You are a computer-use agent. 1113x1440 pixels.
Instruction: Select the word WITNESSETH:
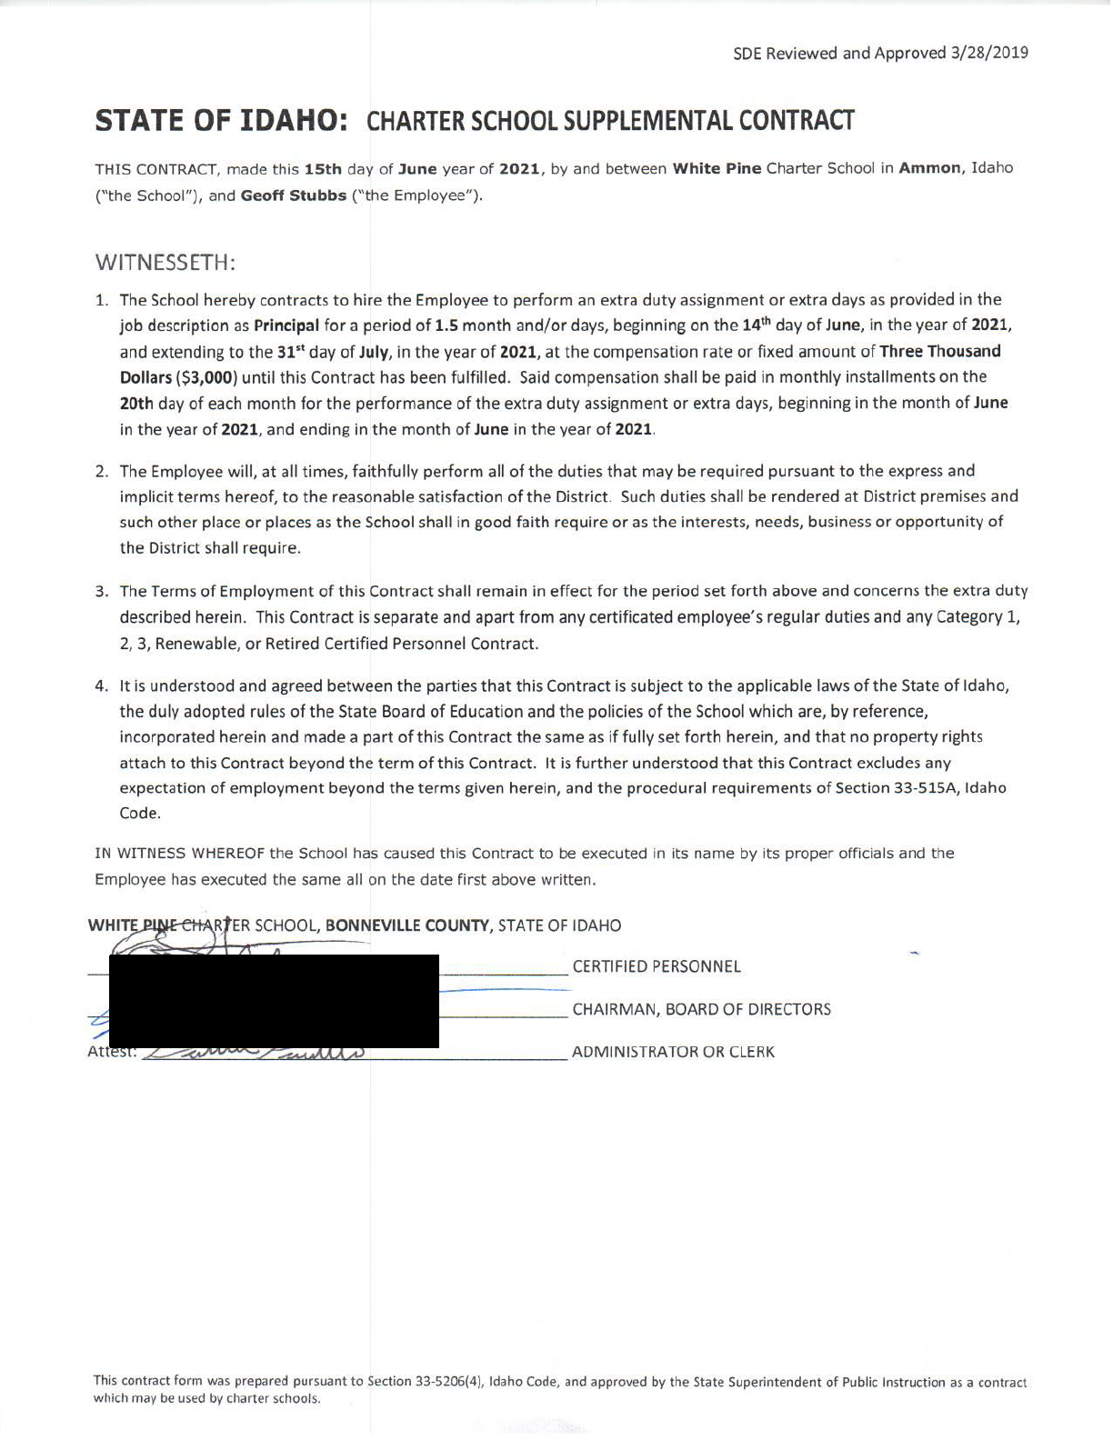tap(165, 263)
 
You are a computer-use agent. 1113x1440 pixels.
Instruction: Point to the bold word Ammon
tap(930, 168)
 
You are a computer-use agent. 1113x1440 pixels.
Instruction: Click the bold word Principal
tap(286, 325)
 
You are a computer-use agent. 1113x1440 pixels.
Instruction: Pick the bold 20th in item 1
tap(137, 403)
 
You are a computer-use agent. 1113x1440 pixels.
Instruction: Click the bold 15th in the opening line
tap(323, 168)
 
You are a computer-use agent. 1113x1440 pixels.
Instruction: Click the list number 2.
tap(102, 471)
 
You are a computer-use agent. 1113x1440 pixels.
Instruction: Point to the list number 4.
tap(102, 686)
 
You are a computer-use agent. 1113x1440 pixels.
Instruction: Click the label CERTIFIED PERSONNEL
tap(657, 967)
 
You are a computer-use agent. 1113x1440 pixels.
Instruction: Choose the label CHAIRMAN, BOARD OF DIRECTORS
tap(701, 1010)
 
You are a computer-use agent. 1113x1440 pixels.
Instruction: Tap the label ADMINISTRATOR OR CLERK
tap(673, 1053)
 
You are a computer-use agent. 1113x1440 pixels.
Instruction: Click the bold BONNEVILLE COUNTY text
tap(408, 926)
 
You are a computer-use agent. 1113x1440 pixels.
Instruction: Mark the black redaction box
tap(274, 1001)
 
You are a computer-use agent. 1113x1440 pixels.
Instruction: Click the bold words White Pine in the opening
tap(717, 168)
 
